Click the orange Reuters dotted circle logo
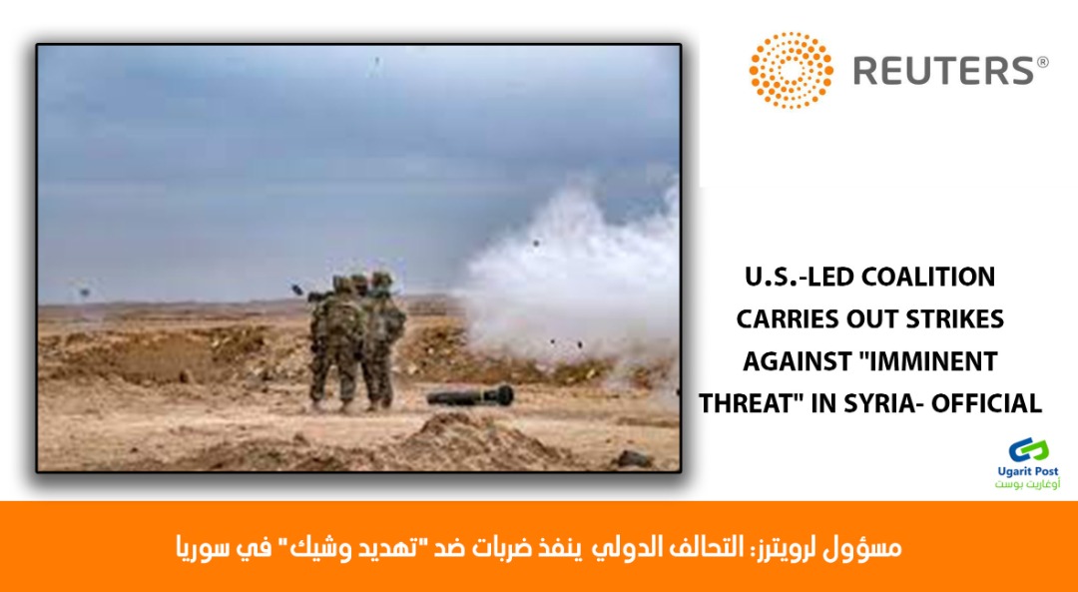tap(791, 70)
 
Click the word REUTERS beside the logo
tap(943, 71)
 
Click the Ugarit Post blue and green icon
tap(1028, 450)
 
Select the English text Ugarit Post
tap(1028, 471)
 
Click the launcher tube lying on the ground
tap(470, 395)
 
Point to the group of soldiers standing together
tap(356, 341)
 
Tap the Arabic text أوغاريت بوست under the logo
tap(1028, 484)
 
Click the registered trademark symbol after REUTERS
tap(1042, 63)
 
